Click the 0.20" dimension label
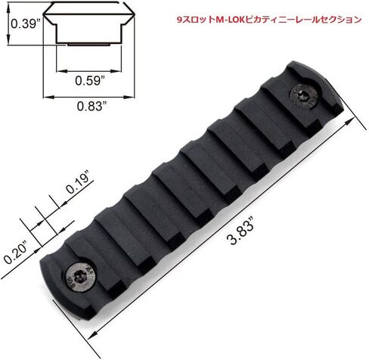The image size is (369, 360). pyautogui.click(x=15, y=247)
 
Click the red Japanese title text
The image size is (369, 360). pyautogui.click(x=267, y=20)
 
